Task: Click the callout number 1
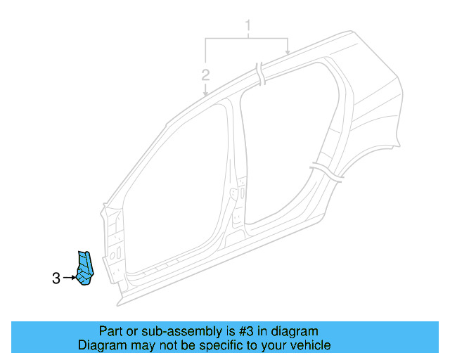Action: pyautogui.click(x=247, y=28)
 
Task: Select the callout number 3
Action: pyautogui.click(x=56, y=278)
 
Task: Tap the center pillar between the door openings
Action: pyautogui.click(x=236, y=176)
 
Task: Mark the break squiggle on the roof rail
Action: pyautogui.click(x=260, y=72)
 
